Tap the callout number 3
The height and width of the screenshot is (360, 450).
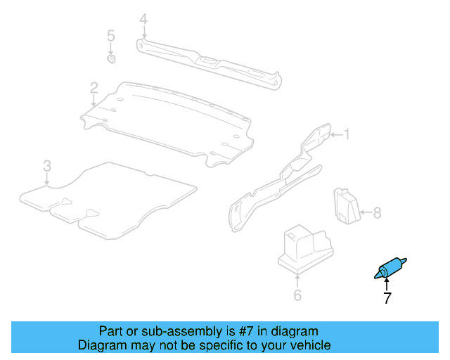tap(46, 166)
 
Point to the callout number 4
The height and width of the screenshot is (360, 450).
tap(143, 19)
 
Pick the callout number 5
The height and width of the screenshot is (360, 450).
tap(110, 35)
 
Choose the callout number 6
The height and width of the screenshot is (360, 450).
tap(297, 295)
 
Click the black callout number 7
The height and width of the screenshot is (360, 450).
tap(387, 298)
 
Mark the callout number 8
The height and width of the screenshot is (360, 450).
tap(377, 212)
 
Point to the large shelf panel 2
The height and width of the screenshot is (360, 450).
tap(169, 120)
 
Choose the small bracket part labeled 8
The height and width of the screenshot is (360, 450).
tap(346, 205)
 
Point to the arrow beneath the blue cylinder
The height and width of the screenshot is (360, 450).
tap(386, 285)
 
